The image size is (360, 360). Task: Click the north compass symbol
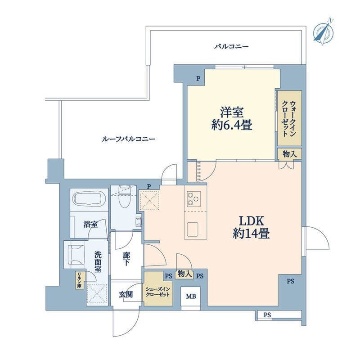click(x=324, y=31)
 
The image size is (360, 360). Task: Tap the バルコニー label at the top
click(x=231, y=47)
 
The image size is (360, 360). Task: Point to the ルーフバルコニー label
click(x=128, y=139)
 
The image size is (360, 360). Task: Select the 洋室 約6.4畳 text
click(x=232, y=119)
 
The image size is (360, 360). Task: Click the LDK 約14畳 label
click(x=251, y=228)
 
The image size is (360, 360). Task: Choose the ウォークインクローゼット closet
click(x=289, y=118)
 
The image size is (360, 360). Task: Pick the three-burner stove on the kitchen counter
click(x=194, y=198)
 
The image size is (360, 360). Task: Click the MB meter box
click(x=190, y=297)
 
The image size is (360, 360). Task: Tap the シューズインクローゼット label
click(x=158, y=292)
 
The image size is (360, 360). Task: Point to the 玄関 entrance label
click(x=126, y=294)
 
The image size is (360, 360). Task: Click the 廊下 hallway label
click(x=126, y=259)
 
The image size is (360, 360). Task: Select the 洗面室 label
click(x=98, y=261)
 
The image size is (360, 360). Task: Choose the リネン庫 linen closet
click(x=81, y=280)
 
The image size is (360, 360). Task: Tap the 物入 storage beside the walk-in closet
click(x=289, y=154)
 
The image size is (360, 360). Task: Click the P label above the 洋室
click(x=198, y=79)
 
